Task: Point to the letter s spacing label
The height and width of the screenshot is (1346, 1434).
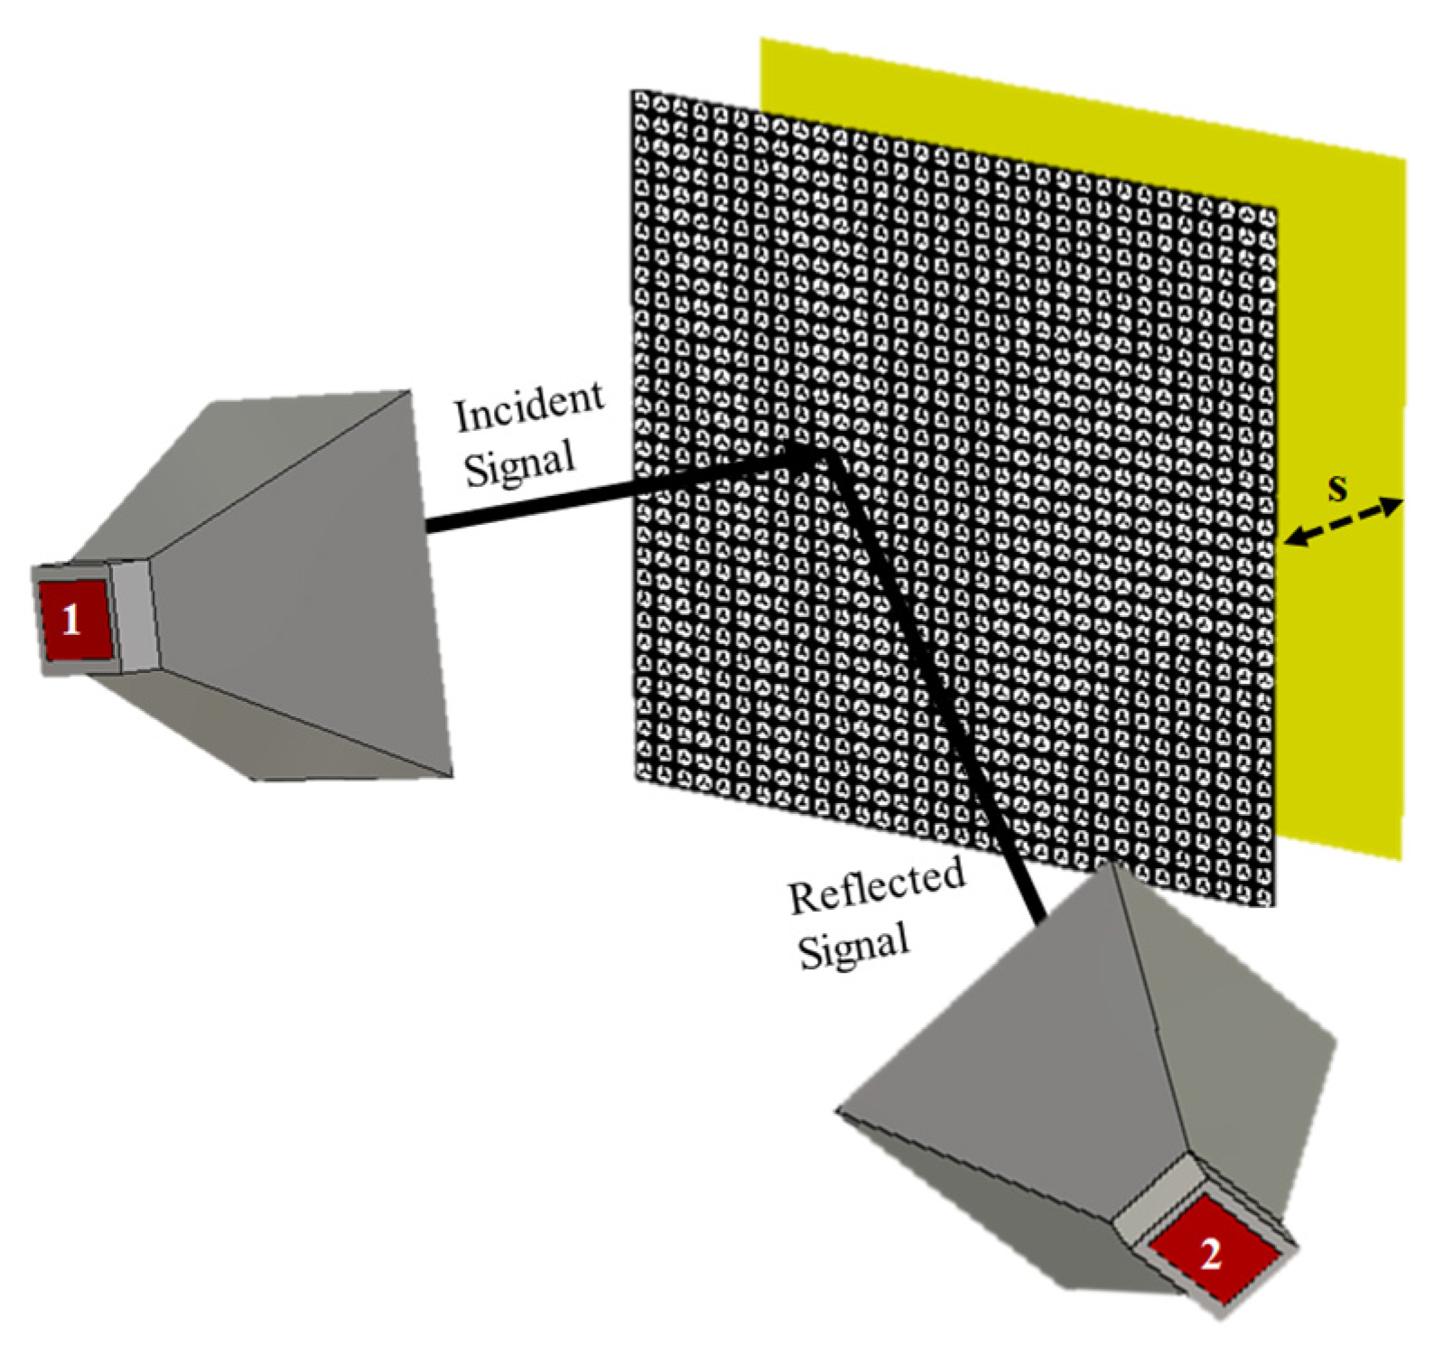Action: pos(1337,487)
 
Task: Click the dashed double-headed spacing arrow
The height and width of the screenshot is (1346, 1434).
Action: pos(1345,523)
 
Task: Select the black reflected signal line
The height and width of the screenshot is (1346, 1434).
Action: pos(939,687)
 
